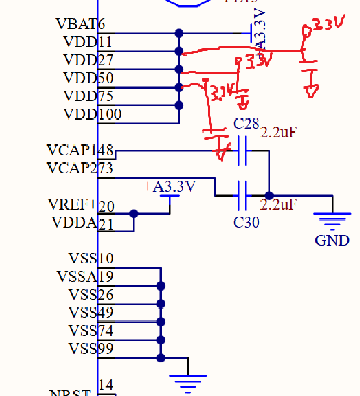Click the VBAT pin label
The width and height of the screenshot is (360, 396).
(76, 24)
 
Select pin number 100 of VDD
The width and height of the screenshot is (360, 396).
(110, 115)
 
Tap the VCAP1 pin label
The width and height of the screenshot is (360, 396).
(71, 150)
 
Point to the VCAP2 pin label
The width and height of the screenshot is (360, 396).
(71, 168)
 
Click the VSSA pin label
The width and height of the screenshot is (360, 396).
(77, 276)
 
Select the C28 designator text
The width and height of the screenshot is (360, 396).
(246, 124)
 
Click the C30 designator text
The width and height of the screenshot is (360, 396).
(246, 222)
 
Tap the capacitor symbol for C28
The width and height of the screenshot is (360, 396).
(243, 150)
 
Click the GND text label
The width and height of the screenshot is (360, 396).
(332, 240)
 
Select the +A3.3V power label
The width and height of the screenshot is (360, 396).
(170, 187)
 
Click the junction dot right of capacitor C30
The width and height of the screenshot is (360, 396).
(269, 196)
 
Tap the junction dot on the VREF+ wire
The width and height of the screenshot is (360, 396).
(134, 214)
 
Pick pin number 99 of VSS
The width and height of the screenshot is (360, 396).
(106, 348)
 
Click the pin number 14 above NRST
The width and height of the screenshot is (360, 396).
(106, 385)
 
